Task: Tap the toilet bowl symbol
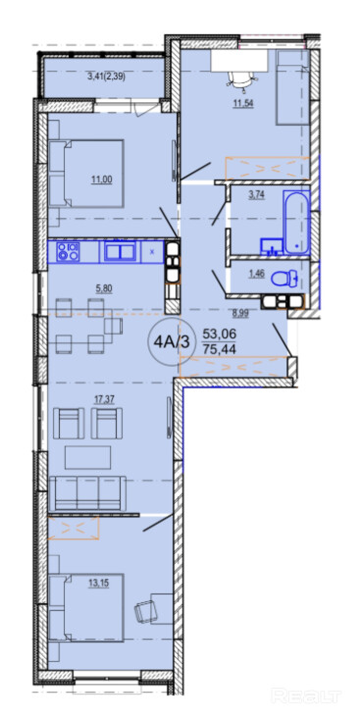[285, 279]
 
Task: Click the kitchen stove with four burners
[68, 251]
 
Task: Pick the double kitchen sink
[120, 251]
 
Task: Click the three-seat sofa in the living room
[87, 492]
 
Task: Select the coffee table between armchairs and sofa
[87, 457]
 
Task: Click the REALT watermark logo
[305, 696]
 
